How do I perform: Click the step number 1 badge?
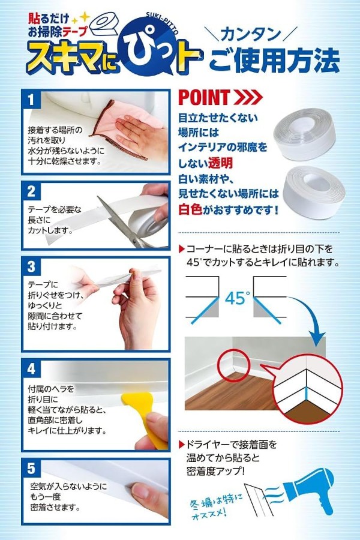click(31, 100)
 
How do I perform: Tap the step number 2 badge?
click(31, 191)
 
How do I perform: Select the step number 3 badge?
click(31, 266)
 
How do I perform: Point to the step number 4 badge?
click(31, 369)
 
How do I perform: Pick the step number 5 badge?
click(31, 469)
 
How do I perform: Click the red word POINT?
click(204, 97)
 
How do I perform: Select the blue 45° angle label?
click(237, 298)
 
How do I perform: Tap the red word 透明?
click(220, 163)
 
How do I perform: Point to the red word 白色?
click(190, 209)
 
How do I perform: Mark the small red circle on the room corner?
click(234, 364)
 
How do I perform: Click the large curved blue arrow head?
click(317, 338)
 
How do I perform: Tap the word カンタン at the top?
click(250, 34)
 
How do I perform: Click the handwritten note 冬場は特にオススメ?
click(217, 505)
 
